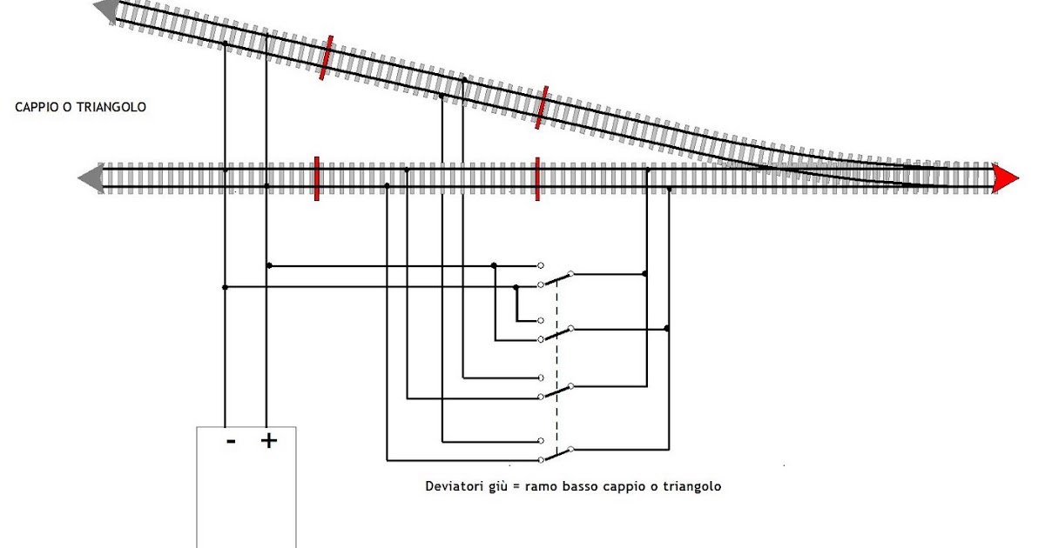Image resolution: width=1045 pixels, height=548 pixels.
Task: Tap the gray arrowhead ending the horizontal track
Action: click(x=88, y=177)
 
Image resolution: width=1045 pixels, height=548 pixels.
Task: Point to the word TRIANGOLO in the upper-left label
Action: click(x=111, y=107)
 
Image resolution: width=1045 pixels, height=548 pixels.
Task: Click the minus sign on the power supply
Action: click(x=231, y=442)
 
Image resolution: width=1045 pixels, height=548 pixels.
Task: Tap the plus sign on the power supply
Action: click(x=269, y=442)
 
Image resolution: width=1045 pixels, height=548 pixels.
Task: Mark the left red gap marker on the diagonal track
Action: click(x=327, y=57)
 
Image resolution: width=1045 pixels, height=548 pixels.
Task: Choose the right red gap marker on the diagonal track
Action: click(x=542, y=107)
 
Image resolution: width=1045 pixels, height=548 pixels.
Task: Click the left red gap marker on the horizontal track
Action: click(x=316, y=177)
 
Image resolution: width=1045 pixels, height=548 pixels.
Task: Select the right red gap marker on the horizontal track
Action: click(x=537, y=177)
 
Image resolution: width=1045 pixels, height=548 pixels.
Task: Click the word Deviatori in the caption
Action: click(x=451, y=486)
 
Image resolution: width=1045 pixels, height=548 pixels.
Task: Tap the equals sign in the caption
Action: click(x=516, y=486)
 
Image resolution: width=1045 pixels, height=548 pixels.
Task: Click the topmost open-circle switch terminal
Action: click(x=541, y=264)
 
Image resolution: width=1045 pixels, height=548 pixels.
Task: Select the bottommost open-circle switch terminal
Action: click(x=541, y=459)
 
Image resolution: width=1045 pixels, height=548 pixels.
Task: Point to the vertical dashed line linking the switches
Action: click(x=556, y=365)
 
